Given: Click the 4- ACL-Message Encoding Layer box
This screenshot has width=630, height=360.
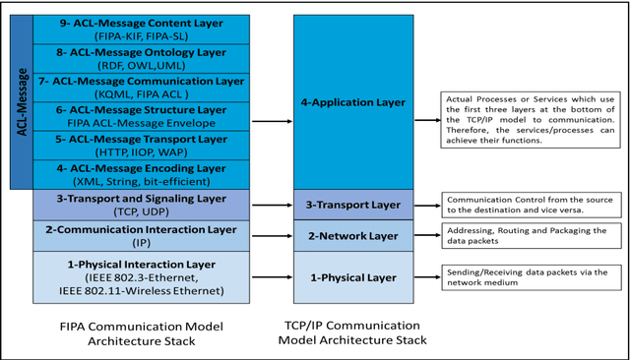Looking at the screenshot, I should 143,174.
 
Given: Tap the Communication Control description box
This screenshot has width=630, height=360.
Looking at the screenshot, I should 528,204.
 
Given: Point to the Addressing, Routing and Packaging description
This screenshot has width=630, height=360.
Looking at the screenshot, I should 528,237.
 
